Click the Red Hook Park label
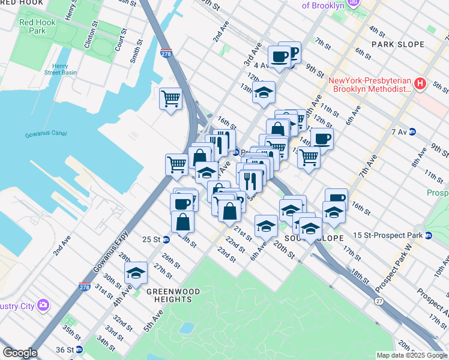point(32,26)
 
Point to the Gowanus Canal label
point(45,134)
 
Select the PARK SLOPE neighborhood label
point(397,44)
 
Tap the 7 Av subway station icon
point(412,132)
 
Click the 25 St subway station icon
point(166,239)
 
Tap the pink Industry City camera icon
point(43,305)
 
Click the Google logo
point(20,353)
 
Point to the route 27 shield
point(379,300)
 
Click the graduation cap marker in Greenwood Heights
point(136,273)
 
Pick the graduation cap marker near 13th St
point(264,92)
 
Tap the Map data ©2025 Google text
point(412,355)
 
